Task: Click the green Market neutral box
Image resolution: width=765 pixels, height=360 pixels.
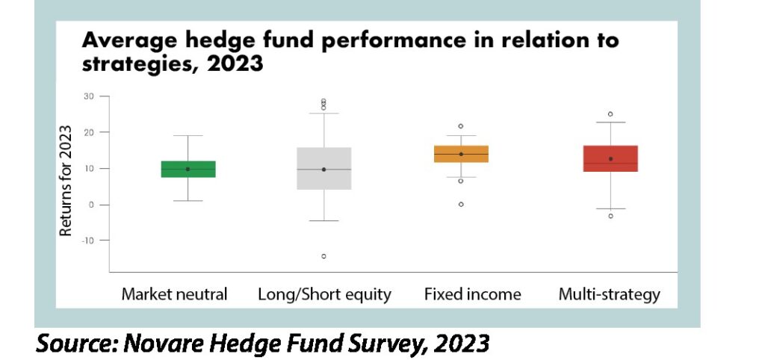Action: click(x=188, y=170)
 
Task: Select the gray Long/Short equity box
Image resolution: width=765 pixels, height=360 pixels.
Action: click(x=324, y=168)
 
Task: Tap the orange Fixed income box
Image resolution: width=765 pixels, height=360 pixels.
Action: click(x=461, y=154)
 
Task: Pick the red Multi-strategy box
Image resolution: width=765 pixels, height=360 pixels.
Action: click(x=610, y=158)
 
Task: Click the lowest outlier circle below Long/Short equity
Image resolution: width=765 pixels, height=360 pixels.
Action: click(x=324, y=256)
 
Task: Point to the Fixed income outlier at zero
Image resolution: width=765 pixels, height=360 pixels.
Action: click(x=461, y=205)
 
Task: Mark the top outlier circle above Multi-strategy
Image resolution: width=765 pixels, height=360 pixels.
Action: click(x=610, y=114)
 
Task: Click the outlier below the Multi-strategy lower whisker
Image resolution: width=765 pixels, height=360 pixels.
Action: click(x=610, y=216)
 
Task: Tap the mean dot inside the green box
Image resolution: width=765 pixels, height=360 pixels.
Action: click(x=188, y=170)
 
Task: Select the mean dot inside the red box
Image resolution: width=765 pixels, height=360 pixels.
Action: click(x=610, y=158)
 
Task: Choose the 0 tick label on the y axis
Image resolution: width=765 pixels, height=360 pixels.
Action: click(x=92, y=205)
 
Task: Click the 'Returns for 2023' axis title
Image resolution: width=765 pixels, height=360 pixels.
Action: click(x=66, y=181)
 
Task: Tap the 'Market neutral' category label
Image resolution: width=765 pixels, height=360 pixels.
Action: click(x=174, y=294)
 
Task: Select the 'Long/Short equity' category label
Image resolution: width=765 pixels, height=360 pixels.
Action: click(x=324, y=294)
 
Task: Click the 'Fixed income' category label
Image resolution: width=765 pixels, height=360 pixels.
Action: click(x=472, y=294)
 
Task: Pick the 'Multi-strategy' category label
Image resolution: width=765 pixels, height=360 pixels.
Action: click(x=609, y=295)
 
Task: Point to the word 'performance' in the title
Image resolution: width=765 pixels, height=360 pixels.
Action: click(x=393, y=41)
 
